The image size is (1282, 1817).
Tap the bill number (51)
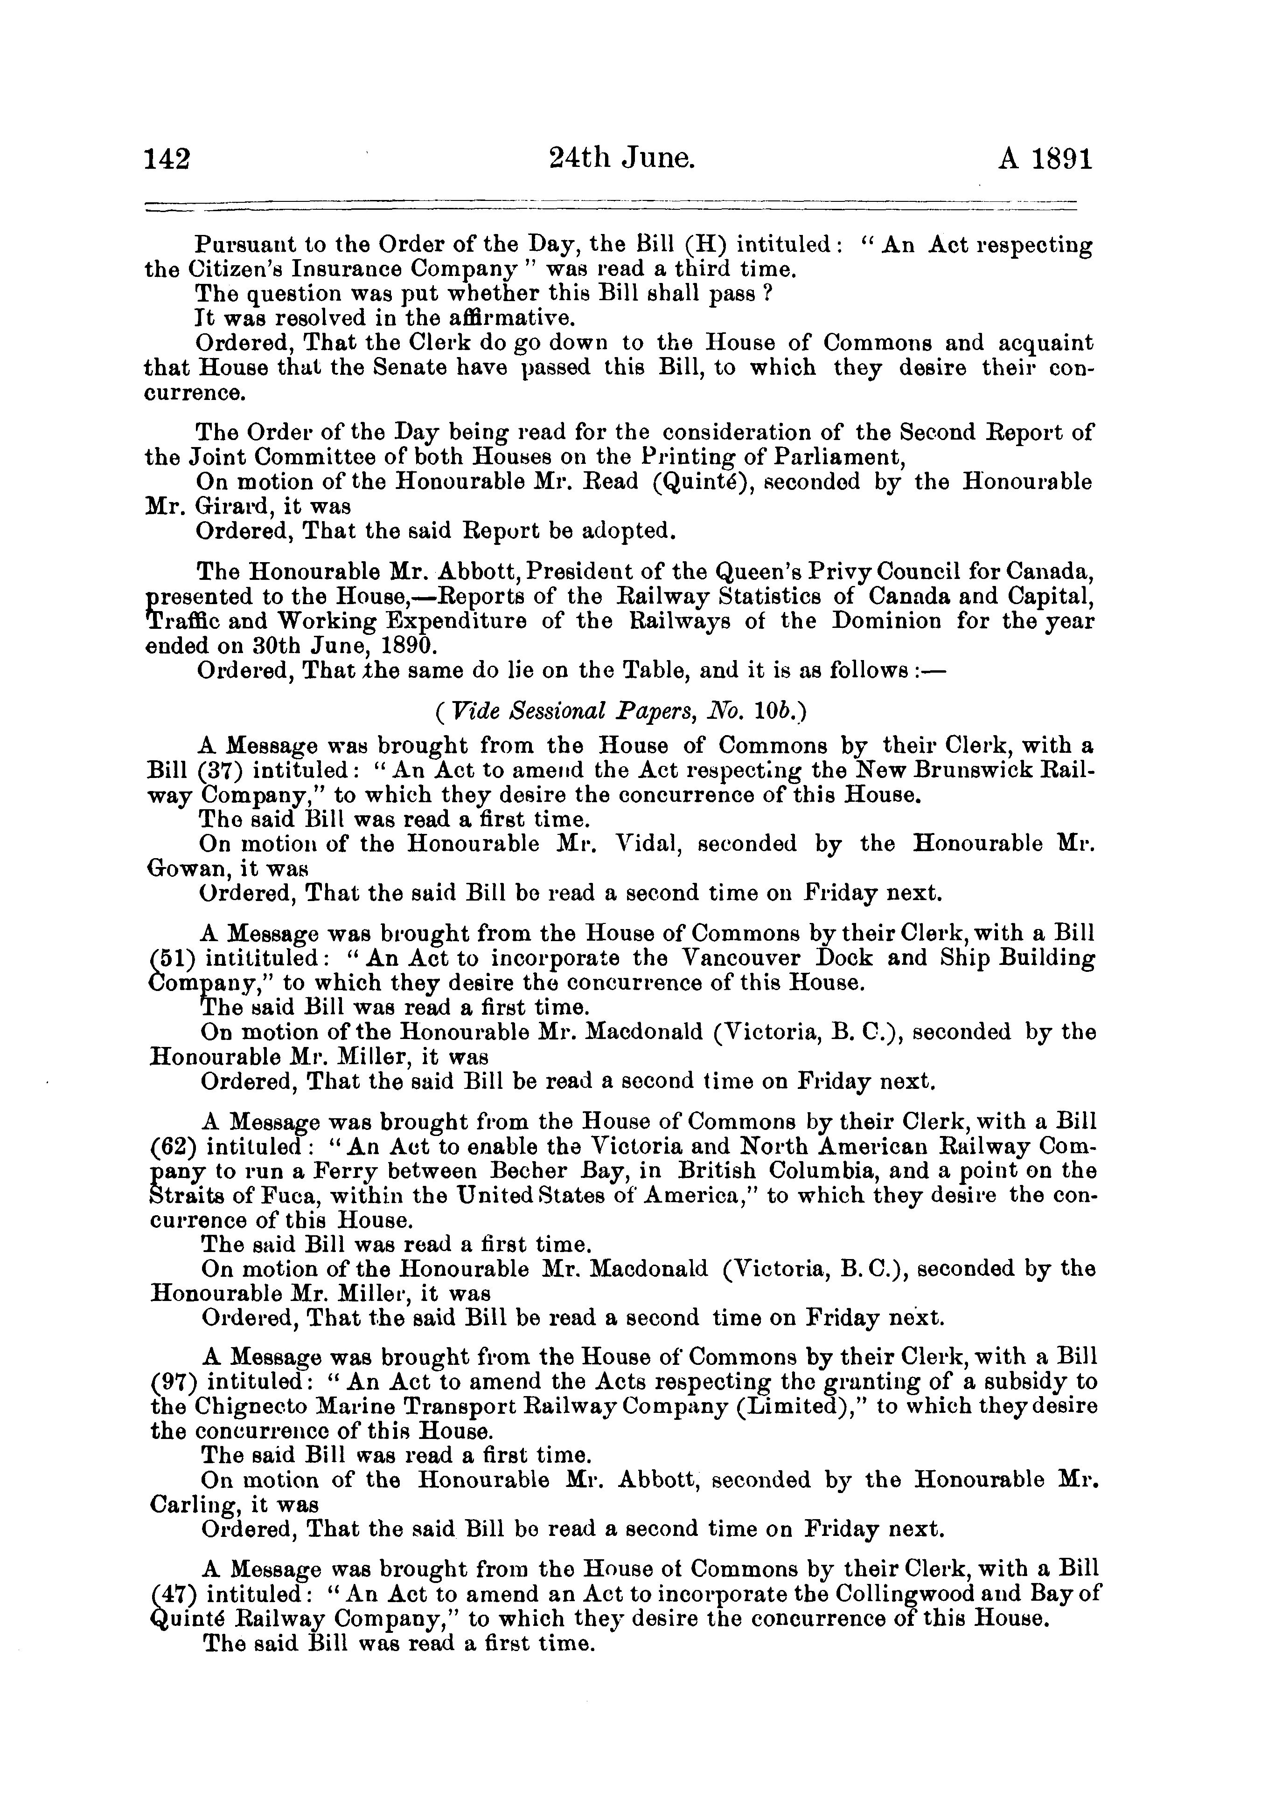[171, 958]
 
